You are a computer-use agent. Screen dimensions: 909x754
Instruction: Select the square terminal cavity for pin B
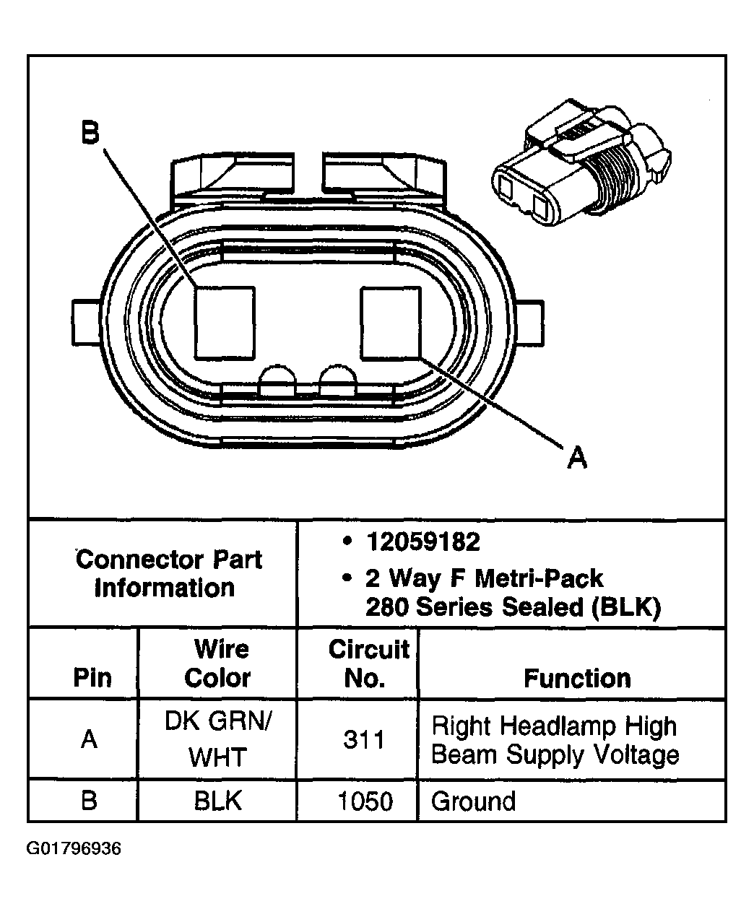click(x=225, y=322)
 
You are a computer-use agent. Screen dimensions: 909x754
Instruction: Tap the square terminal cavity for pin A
click(x=390, y=322)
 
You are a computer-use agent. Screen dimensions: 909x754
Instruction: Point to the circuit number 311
click(x=363, y=740)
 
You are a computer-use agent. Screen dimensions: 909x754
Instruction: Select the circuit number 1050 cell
click(x=365, y=801)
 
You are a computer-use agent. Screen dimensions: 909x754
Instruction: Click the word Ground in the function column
click(x=473, y=801)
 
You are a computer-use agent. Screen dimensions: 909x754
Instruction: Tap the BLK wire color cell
click(x=217, y=801)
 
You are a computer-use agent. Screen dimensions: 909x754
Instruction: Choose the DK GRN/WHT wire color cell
click(x=217, y=739)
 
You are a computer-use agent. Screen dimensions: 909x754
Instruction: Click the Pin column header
click(x=92, y=678)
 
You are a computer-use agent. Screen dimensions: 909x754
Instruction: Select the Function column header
click(x=576, y=679)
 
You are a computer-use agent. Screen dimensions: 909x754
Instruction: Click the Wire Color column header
click(x=217, y=664)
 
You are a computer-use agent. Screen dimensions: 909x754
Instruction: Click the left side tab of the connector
click(x=85, y=323)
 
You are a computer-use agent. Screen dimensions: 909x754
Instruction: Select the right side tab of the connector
click(x=529, y=323)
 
